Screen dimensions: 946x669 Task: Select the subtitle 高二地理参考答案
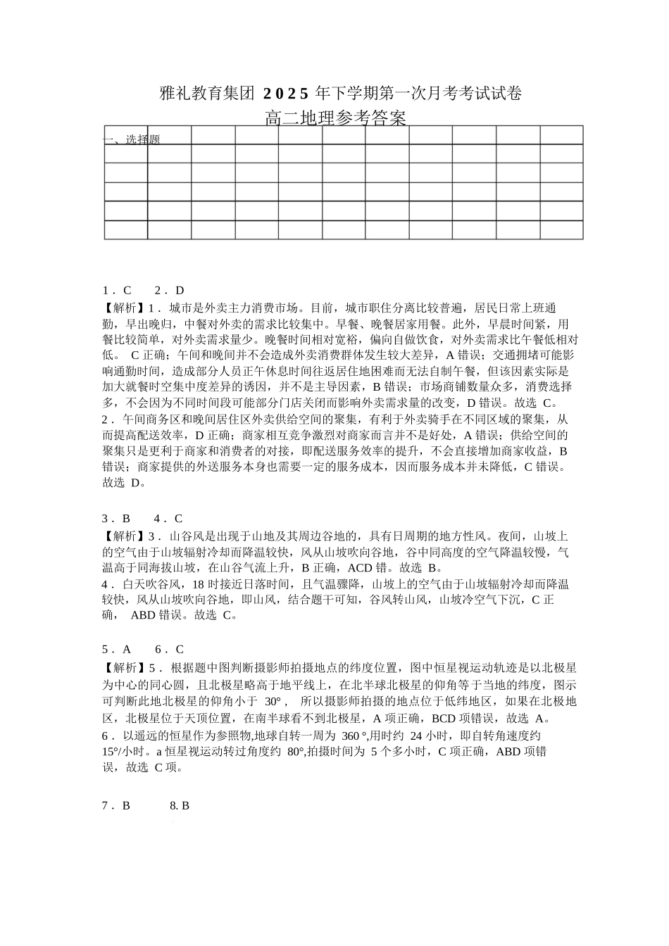tap(335, 118)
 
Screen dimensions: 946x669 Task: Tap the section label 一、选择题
tap(132, 139)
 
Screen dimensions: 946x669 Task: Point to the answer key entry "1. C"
tap(117, 291)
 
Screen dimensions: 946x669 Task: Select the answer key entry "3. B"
tap(117, 519)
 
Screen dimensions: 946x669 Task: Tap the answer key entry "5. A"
tap(117, 650)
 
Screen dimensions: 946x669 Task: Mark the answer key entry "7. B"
tap(117, 806)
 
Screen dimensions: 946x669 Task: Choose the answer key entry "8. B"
tap(180, 806)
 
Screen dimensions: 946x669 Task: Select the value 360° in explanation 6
tap(356, 736)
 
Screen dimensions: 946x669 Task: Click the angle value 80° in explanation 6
tap(295, 752)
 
